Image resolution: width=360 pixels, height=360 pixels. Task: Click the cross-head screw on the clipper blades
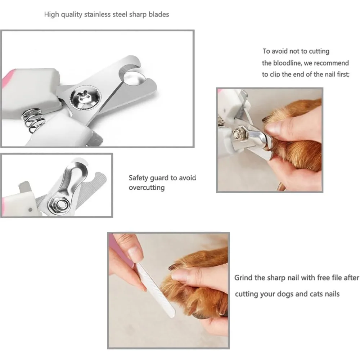[86, 98]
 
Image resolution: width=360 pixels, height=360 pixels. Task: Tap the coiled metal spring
[33, 120]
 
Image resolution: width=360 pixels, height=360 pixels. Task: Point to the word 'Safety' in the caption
[139, 178]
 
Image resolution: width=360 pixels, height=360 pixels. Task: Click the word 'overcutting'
[147, 188]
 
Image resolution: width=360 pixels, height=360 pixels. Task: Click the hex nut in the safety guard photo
[60, 204]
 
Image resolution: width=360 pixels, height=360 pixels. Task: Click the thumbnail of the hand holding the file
[135, 254]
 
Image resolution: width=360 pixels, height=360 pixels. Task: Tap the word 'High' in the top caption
[51, 15]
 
